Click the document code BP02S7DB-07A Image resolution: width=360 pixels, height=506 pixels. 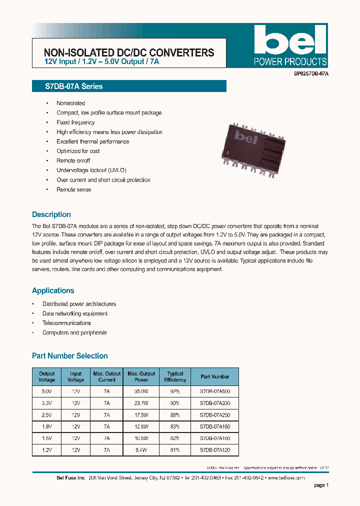pyautogui.click(x=311, y=73)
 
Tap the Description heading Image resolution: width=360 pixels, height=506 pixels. pyautogui.click(x=51, y=214)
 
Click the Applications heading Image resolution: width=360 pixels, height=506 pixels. pyautogui.click(x=53, y=290)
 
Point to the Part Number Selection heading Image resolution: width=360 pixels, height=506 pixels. pyautogui.click(x=70, y=356)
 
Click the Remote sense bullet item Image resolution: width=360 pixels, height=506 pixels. pyautogui.click(x=73, y=189)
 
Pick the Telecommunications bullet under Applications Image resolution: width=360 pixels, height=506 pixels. pyautogui.click(x=66, y=323)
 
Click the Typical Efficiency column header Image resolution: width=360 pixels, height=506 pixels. pyautogui.click(x=175, y=376)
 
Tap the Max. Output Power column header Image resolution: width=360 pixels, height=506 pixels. pyautogui.click(x=141, y=376)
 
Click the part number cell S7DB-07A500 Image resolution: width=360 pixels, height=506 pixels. pyautogui.click(x=214, y=391)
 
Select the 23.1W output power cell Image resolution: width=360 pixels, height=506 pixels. pyautogui.click(x=141, y=403)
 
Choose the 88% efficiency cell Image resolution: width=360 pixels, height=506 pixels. pyautogui.click(x=175, y=414)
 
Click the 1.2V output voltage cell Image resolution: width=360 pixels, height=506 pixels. pyautogui.click(x=47, y=449)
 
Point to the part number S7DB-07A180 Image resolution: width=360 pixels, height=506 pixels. pyautogui.click(x=214, y=426)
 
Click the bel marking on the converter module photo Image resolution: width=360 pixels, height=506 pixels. pyautogui.click(x=246, y=136)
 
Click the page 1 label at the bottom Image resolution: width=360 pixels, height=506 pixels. pyautogui.click(x=321, y=485)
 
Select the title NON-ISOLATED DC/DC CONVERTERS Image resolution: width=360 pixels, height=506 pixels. pyautogui.click(x=129, y=52)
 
